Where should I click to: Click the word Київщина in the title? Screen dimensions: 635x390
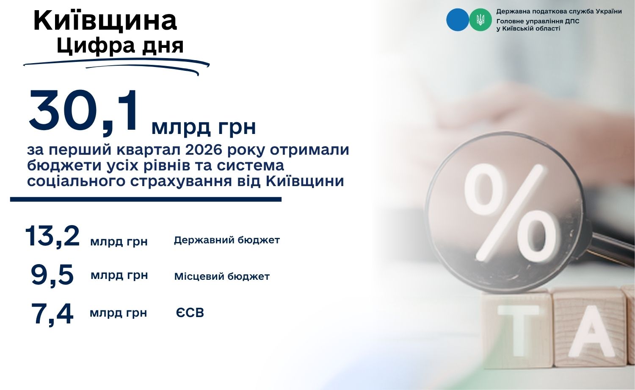105,20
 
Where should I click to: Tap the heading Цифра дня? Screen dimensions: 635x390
120,45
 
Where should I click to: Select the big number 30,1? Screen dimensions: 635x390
83,112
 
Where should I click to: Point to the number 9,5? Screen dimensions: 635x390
52,275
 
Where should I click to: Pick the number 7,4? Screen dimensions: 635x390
52,314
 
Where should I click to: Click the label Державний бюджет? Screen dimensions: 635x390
227,240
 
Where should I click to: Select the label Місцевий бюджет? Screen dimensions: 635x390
222,276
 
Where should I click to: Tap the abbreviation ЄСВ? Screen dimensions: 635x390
190,313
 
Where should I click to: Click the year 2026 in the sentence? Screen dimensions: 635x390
204,150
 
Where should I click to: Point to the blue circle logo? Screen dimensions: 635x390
458,19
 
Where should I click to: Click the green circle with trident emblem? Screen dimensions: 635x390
480,19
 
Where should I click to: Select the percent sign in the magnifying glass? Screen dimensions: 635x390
510,213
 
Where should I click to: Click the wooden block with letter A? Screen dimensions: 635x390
590,329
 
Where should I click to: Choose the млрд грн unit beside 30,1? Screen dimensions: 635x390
204,128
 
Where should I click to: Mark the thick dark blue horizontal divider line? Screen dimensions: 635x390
146,200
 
